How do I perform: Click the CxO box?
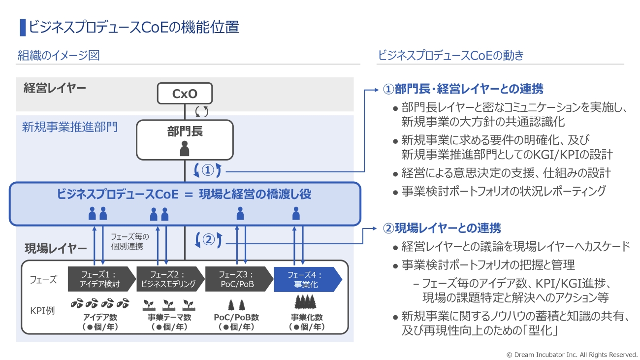[185, 94]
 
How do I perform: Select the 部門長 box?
[185, 140]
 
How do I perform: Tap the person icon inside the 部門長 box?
[185, 148]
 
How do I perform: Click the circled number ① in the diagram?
[208, 170]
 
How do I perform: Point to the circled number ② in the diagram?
[208, 240]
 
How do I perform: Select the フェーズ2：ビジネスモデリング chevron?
[169, 280]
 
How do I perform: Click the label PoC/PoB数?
[237, 317]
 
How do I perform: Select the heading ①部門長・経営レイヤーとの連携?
[463, 89]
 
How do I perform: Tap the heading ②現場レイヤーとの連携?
[442, 228]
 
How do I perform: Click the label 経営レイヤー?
[55, 89]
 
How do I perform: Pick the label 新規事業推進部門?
[70, 128]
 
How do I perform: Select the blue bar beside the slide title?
[22, 27]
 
